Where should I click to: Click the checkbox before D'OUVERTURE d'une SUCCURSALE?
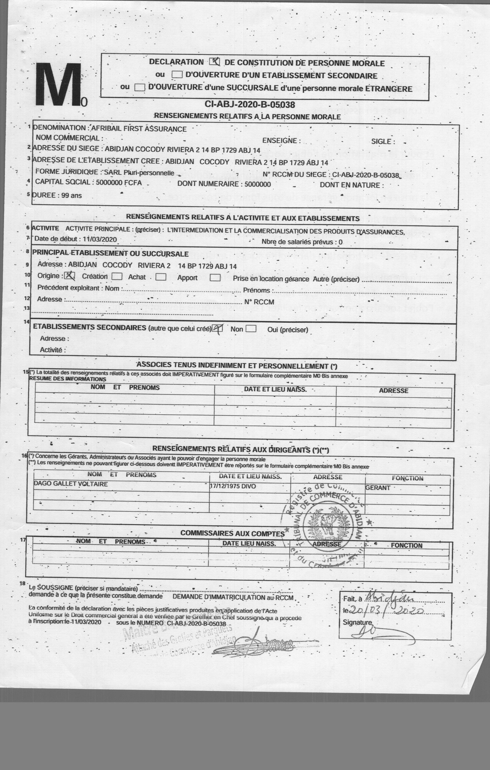point(139,87)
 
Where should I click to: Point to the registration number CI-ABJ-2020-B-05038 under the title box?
point(250,105)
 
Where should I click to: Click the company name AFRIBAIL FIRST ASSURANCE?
point(139,129)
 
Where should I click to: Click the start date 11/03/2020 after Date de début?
point(100,239)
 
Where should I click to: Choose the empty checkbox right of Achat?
point(161,277)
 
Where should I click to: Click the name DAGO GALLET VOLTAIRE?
point(71,484)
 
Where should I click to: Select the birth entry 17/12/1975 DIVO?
point(233,486)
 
